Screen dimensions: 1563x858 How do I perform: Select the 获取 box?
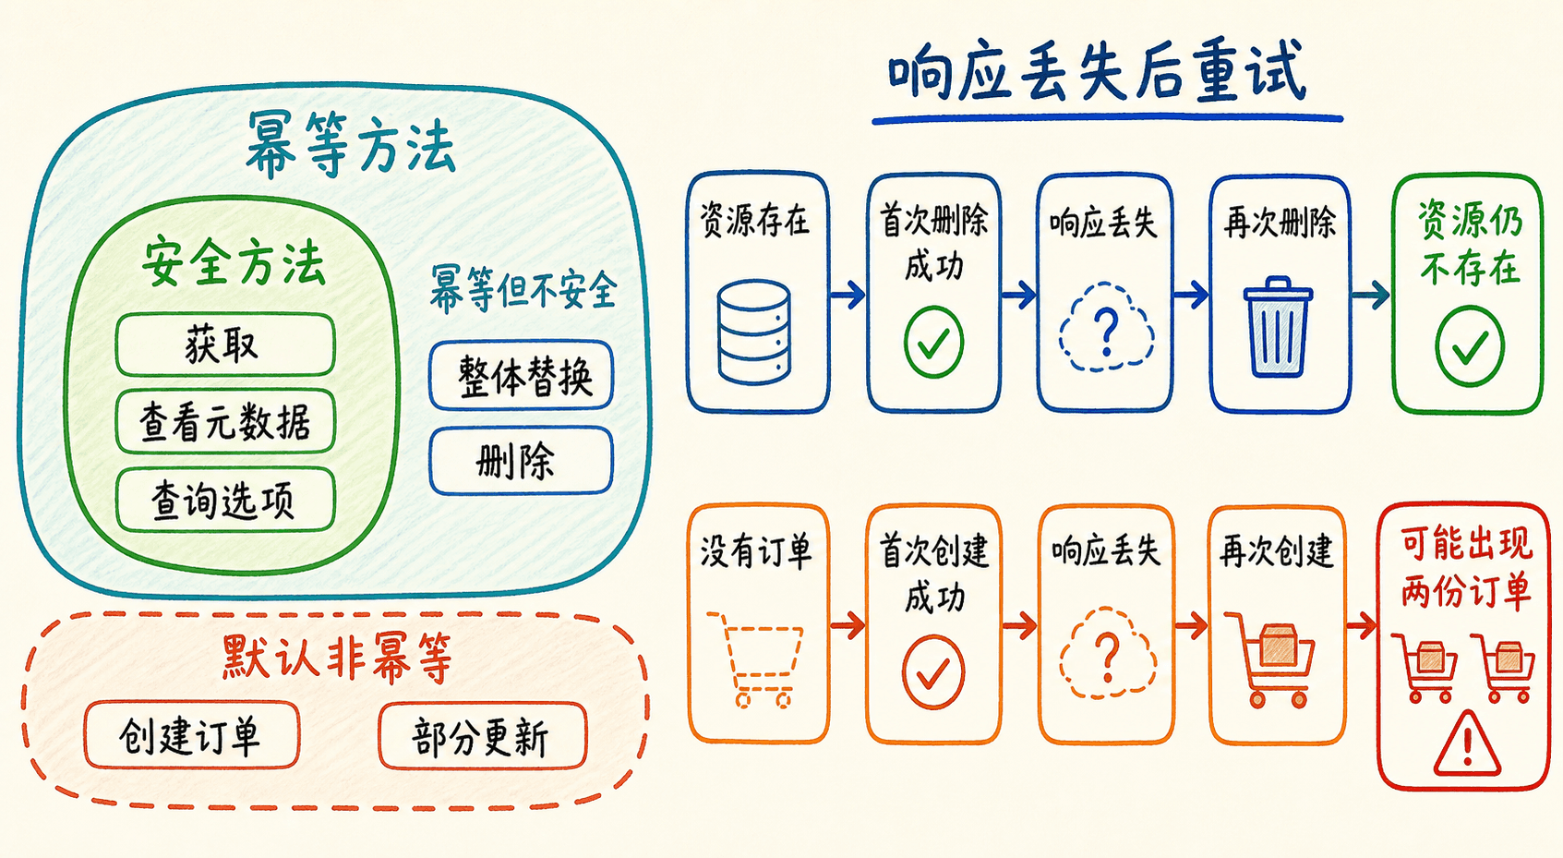pos(225,344)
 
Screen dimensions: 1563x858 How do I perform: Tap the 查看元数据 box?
pos(225,422)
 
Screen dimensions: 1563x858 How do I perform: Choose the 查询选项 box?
pos(225,500)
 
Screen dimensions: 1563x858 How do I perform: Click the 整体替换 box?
pos(522,376)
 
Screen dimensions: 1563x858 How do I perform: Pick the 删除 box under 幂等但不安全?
pos(522,461)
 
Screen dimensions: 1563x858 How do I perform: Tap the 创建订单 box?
pos(192,736)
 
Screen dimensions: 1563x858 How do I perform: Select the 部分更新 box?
pos(483,736)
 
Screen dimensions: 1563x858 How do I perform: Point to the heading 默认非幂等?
pos(337,657)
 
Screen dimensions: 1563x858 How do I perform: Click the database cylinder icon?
pos(754,332)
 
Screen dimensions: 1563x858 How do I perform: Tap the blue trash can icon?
pos(1278,327)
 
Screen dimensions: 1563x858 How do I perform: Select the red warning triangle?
pos(1467,745)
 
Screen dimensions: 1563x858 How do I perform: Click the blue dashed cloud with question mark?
pos(1106,327)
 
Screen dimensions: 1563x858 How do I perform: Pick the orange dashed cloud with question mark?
pos(1107,653)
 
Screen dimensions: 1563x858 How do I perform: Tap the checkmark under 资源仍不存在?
pos(1470,346)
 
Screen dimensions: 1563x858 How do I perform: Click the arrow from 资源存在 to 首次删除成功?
pos(848,295)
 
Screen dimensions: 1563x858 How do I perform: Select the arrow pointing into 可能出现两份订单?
pos(1362,625)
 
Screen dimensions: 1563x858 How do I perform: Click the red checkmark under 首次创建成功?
pos(933,671)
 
